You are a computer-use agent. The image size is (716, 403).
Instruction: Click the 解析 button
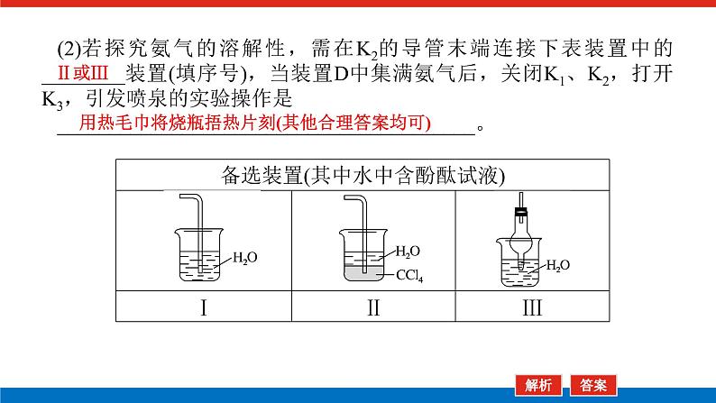538,386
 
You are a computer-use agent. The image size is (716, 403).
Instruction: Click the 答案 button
593,386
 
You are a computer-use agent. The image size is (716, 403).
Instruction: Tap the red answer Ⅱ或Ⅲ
83,74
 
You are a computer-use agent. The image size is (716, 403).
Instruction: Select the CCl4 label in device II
409,275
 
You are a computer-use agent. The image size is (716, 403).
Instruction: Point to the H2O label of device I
244,258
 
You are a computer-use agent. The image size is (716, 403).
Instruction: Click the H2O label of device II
408,252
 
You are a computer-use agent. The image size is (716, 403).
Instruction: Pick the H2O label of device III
557,266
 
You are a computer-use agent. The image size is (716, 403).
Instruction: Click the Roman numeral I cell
204,307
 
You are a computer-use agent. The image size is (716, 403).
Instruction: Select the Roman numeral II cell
373,307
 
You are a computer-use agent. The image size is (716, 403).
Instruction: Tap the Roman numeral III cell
532,307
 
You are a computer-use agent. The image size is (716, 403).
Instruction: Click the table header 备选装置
262,176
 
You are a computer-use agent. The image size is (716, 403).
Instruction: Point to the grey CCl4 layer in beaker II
364,273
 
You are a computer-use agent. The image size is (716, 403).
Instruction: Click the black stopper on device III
520,212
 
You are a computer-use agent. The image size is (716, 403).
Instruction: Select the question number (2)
69,49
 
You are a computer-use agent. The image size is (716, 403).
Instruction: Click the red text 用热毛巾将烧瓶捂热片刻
177,123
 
